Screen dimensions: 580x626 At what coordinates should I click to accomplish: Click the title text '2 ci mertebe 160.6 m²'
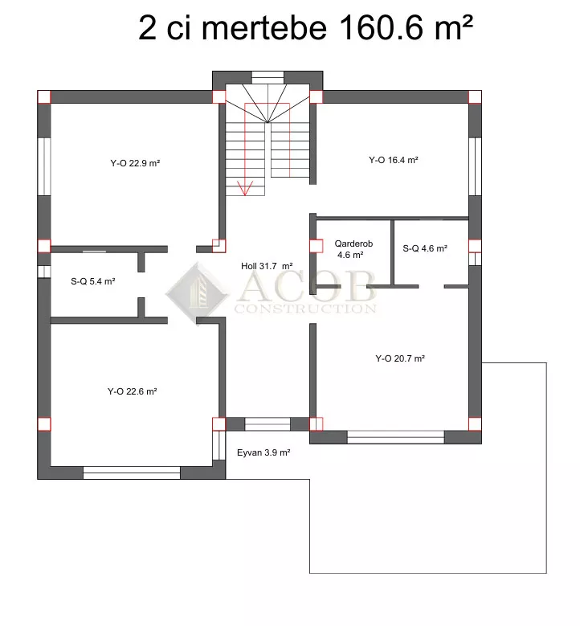(305, 27)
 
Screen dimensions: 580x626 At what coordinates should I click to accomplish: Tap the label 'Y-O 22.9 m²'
(135, 163)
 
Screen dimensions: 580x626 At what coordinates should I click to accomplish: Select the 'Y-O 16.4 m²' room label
(393, 160)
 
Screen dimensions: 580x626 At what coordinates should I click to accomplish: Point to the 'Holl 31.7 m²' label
(267, 266)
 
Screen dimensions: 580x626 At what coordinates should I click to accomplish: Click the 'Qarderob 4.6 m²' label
(353, 249)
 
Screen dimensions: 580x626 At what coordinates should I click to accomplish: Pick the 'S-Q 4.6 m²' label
(425, 248)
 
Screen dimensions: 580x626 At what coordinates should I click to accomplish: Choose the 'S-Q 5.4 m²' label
(93, 281)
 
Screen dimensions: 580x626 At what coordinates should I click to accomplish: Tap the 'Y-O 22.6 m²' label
(132, 391)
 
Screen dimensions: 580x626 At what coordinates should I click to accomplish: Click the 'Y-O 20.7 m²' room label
(400, 358)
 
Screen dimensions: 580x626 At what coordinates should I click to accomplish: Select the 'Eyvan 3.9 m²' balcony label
(263, 452)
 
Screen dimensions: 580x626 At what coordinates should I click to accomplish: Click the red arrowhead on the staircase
(245, 188)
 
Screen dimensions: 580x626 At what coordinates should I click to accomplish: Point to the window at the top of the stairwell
(268, 77)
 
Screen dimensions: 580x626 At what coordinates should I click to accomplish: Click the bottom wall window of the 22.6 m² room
(132, 473)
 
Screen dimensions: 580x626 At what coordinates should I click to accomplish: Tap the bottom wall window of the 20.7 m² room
(395, 437)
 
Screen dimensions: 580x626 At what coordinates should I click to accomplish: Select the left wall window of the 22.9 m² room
(44, 166)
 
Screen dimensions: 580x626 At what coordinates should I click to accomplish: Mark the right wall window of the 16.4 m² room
(475, 166)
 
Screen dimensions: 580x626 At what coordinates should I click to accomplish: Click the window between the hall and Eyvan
(268, 424)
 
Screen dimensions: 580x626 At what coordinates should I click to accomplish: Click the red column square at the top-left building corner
(44, 97)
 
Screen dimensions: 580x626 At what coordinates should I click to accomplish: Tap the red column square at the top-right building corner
(475, 97)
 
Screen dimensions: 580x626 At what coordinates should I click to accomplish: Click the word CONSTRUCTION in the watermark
(305, 309)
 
